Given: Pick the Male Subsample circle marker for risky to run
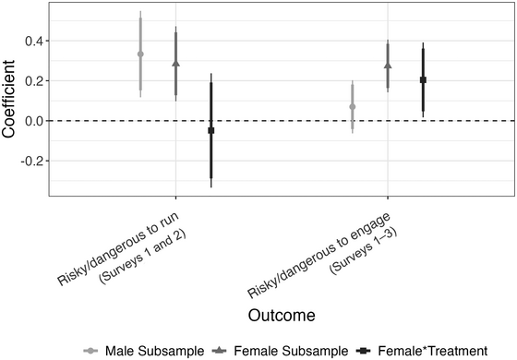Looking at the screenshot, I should (x=140, y=54).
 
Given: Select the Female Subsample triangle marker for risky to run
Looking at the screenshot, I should (x=175, y=64).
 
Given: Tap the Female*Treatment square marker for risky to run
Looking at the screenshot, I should (x=210, y=131).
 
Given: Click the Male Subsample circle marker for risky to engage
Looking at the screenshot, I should (x=353, y=107).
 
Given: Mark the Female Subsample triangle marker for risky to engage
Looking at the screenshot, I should (x=388, y=66).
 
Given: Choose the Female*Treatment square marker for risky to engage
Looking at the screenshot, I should (x=423, y=80).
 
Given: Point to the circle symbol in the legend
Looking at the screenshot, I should (x=91, y=350).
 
